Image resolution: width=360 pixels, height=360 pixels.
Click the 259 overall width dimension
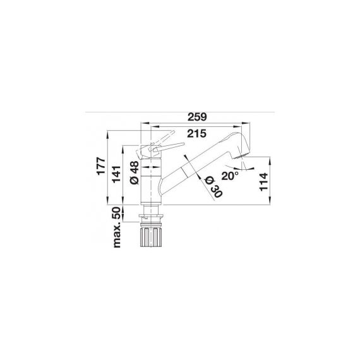point(198,116)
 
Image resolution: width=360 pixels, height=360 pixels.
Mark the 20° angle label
point(230,175)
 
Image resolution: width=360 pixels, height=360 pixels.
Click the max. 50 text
point(116,226)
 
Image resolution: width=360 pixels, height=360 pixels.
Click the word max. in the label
point(116,236)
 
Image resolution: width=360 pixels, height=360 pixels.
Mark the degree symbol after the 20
point(237,172)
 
